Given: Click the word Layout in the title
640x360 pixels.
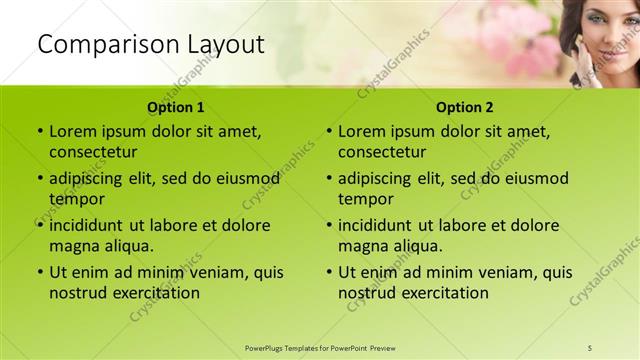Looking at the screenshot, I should [x=225, y=44].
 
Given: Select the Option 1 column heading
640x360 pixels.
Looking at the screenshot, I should [x=176, y=107].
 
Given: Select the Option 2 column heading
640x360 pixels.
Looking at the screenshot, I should [x=465, y=107].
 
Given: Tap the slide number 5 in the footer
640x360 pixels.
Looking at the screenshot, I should [x=590, y=348].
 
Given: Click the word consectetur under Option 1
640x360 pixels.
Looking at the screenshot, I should [x=93, y=152].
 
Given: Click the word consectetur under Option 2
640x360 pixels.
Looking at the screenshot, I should [x=382, y=152].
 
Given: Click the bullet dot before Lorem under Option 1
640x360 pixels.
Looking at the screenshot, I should [x=40, y=131].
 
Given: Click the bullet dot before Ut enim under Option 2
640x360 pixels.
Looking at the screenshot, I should [x=329, y=272].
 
